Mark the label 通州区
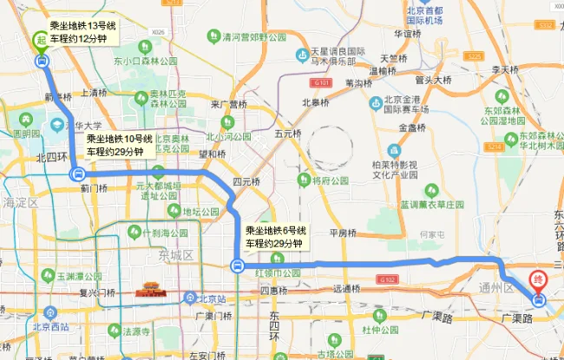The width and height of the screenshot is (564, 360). (x=497, y=287)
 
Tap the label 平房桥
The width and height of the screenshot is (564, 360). (x=343, y=232)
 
